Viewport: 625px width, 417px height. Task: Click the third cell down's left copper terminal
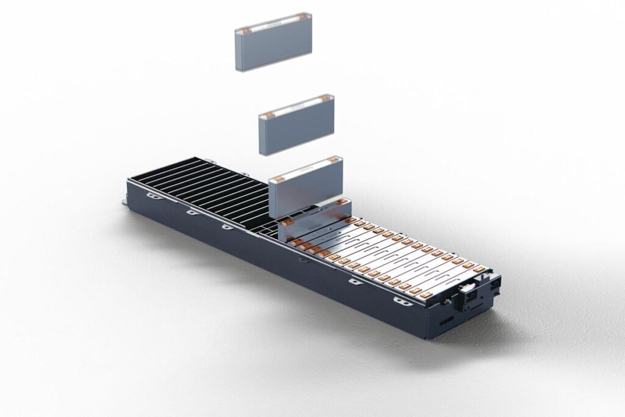tap(278, 178)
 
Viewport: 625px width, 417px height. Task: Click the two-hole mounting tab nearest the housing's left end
tap(151, 195)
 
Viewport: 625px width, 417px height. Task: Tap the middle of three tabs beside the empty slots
tap(190, 212)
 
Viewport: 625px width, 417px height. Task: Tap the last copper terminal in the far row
tap(479, 268)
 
